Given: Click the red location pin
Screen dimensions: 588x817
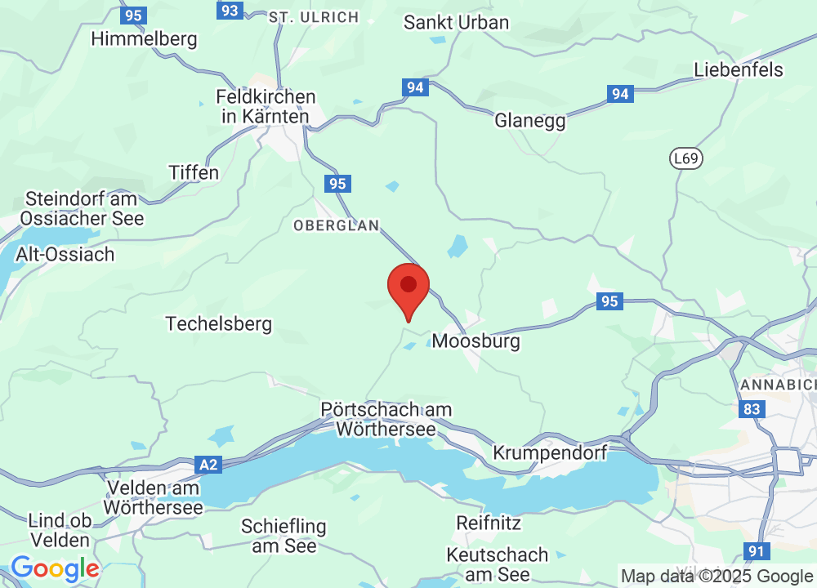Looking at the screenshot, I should click(408, 287).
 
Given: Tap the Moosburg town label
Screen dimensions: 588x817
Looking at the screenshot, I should click(475, 341).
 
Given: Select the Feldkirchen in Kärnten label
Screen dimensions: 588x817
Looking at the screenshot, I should click(266, 106).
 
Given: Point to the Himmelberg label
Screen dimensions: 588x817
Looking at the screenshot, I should click(145, 38).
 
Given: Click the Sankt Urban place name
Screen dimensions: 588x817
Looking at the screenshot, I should click(457, 22).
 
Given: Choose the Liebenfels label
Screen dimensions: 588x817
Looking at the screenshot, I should click(739, 69).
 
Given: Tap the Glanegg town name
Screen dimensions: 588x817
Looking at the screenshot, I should click(530, 120).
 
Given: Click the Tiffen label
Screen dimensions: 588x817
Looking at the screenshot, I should click(194, 172).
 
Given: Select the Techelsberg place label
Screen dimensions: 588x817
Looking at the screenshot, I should click(218, 323).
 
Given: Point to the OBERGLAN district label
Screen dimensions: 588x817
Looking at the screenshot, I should click(336, 225).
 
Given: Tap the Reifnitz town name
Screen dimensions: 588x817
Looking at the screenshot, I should click(489, 522).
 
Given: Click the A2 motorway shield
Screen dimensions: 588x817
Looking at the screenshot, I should click(209, 465).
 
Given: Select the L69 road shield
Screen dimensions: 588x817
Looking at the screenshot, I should click(685, 158).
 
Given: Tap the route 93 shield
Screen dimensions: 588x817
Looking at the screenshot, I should click(230, 10).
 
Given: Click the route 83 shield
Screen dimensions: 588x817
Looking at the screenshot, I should click(751, 408).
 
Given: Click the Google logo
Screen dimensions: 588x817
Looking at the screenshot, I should click(55, 568).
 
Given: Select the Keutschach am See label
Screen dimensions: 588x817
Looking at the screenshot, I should click(498, 564).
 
